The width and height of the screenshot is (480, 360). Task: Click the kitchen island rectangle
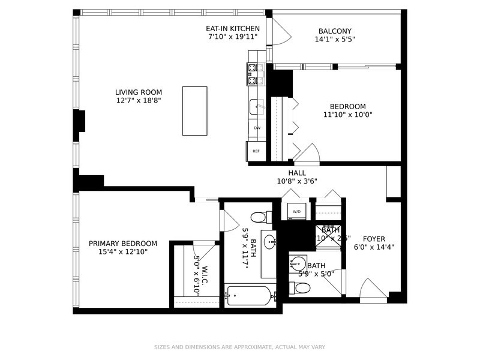coord(194,111)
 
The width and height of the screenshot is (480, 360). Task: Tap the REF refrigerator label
coord(256,151)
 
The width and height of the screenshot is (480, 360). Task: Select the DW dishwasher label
coord(257,128)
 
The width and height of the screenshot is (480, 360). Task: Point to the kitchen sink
coord(256,107)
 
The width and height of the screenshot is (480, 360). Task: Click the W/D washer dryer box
coord(296,212)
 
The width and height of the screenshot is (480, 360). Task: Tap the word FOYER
coord(374,239)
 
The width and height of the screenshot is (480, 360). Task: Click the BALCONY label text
coord(335,31)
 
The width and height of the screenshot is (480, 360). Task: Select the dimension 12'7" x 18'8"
coord(139,101)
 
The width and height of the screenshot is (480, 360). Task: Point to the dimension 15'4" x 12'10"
coord(123,252)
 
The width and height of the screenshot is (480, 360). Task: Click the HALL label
coord(296,173)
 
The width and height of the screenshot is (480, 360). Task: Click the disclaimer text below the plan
coord(240,347)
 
